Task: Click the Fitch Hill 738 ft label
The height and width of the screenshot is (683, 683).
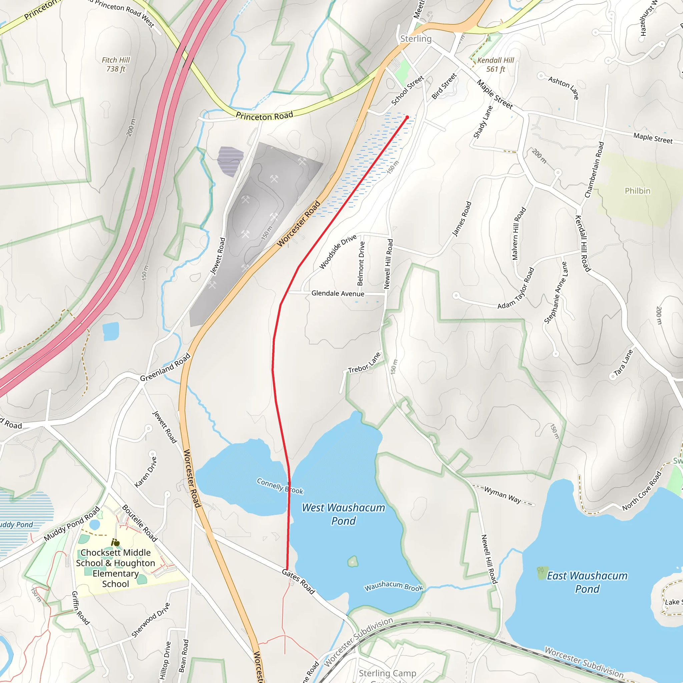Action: [116, 64]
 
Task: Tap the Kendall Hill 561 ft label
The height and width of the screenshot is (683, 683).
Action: [495, 65]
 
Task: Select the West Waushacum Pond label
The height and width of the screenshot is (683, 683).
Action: [343, 514]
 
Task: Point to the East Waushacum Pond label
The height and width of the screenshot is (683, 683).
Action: [587, 582]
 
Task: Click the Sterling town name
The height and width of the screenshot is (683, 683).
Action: [416, 39]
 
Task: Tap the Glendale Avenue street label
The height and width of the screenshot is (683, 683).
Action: [337, 293]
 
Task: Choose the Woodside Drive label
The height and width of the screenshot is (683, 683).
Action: [337, 251]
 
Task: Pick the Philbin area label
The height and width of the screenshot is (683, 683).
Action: [637, 191]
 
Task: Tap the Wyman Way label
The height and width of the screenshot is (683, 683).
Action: [502, 494]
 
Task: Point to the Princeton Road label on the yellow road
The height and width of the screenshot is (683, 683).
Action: [264, 116]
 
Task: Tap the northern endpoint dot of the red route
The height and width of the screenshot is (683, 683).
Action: [407, 117]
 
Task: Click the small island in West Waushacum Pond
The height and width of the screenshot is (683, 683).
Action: [353, 561]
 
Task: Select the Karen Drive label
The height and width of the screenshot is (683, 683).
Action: [146, 472]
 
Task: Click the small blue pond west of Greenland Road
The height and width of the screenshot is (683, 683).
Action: [111, 331]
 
